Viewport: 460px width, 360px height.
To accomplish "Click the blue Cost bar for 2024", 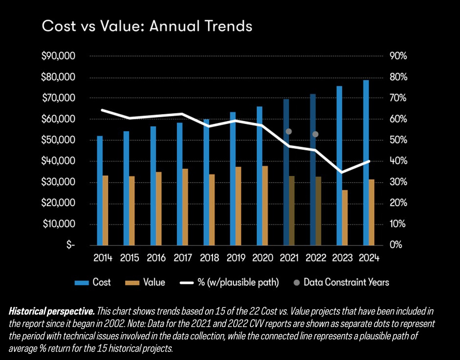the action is coord(366,163).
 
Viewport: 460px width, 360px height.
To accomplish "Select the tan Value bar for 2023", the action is coord(345,218).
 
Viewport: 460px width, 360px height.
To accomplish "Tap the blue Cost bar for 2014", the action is coord(100,190).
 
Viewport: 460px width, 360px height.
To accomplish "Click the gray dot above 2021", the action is coord(289,131).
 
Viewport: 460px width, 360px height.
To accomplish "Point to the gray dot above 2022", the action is coord(315,134).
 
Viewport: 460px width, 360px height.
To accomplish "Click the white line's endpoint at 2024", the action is coord(369,161).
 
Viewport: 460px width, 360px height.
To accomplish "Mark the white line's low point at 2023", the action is coord(341,172).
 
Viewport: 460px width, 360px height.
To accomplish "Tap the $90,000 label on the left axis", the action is coord(58,56).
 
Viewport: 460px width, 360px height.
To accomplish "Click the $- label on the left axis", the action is coord(70,245).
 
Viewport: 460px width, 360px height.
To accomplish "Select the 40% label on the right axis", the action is coord(399,161).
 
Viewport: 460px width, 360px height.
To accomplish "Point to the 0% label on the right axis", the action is coord(396,245).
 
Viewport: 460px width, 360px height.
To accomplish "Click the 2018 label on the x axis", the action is coord(210,258).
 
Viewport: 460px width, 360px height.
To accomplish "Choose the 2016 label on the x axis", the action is coord(156,258).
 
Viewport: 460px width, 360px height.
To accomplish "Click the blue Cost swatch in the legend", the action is coord(81,283).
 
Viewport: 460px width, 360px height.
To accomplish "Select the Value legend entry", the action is coord(145,282).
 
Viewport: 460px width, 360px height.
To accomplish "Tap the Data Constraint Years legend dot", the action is coord(297,283).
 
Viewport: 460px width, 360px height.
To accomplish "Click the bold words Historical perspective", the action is coord(52,311).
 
